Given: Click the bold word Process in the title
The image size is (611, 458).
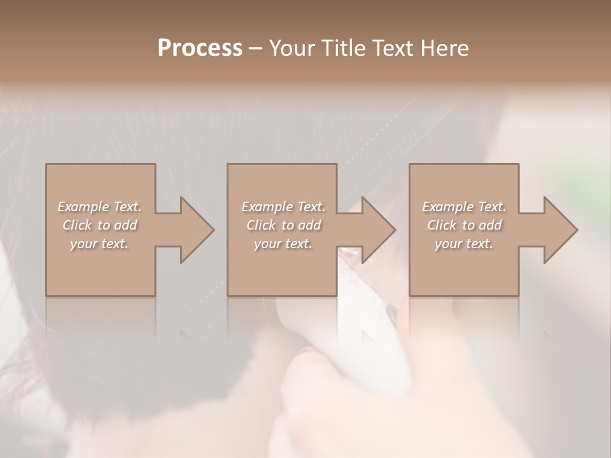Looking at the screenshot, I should point(200,48).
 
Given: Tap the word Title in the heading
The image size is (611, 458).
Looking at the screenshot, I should point(344,48).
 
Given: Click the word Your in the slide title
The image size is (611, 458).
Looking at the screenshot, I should point(294,48).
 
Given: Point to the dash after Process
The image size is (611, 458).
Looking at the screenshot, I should point(256,49).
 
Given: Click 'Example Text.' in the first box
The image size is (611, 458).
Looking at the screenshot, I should point(99,207).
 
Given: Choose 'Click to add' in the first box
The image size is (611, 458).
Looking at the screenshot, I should point(99,225).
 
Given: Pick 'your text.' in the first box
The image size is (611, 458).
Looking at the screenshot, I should point(99,244).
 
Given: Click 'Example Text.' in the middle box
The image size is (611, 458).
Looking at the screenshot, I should point(283,207).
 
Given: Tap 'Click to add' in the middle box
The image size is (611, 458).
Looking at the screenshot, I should point(283,225).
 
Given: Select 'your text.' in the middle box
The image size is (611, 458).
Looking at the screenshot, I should point(283,244).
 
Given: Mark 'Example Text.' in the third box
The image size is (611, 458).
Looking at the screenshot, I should point(464,207).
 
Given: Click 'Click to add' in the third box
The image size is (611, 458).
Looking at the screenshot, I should point(464,225).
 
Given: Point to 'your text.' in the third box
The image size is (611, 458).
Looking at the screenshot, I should point(464,244).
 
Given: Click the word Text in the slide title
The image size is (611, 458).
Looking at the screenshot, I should point(393,48).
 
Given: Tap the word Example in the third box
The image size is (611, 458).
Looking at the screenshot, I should point(448,207).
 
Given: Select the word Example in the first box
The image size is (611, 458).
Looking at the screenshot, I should point(83,207).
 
